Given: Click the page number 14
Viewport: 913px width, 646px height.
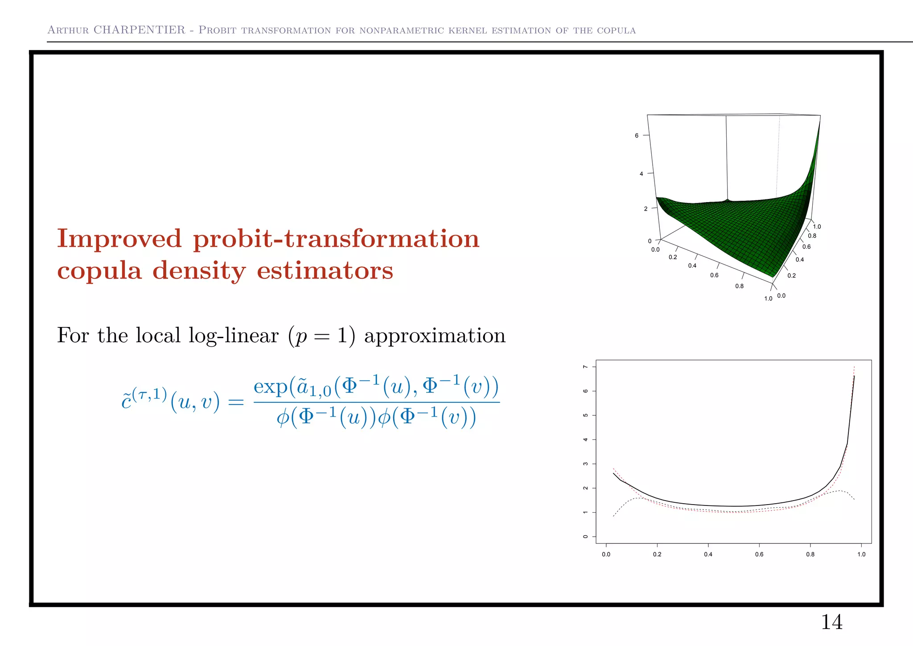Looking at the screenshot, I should (831, 622).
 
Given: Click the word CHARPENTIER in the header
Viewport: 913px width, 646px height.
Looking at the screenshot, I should (139, 30).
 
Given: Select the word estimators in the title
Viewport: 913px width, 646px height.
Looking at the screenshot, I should (325, 270).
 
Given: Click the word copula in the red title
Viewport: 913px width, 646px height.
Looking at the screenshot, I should (99, 271).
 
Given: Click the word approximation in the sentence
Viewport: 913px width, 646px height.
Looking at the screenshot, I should (435, 335).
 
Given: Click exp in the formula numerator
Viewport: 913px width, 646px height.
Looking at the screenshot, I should (270, 386).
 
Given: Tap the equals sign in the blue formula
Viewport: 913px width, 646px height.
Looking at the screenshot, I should (236, 402).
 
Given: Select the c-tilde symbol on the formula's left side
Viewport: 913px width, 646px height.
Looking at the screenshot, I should (127, 402).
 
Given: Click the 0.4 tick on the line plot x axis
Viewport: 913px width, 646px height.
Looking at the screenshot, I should (708, 554).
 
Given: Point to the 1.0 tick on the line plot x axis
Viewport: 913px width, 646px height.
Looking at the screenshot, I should (861, 554).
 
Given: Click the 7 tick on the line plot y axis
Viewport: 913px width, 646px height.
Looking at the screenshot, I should (585, 367).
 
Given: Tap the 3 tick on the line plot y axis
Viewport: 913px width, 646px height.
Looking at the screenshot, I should (585, 464).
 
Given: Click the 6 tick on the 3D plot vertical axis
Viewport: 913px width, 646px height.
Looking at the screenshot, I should (637, 135).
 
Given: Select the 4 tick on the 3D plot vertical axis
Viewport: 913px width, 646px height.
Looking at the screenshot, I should (641, 174).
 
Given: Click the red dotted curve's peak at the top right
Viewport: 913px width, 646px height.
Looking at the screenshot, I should (854, 367).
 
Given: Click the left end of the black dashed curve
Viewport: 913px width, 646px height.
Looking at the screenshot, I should (614, 516).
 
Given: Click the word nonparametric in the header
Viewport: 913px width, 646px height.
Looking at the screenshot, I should (401, 30).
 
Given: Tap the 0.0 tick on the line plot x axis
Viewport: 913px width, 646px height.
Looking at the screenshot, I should (606, 554).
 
